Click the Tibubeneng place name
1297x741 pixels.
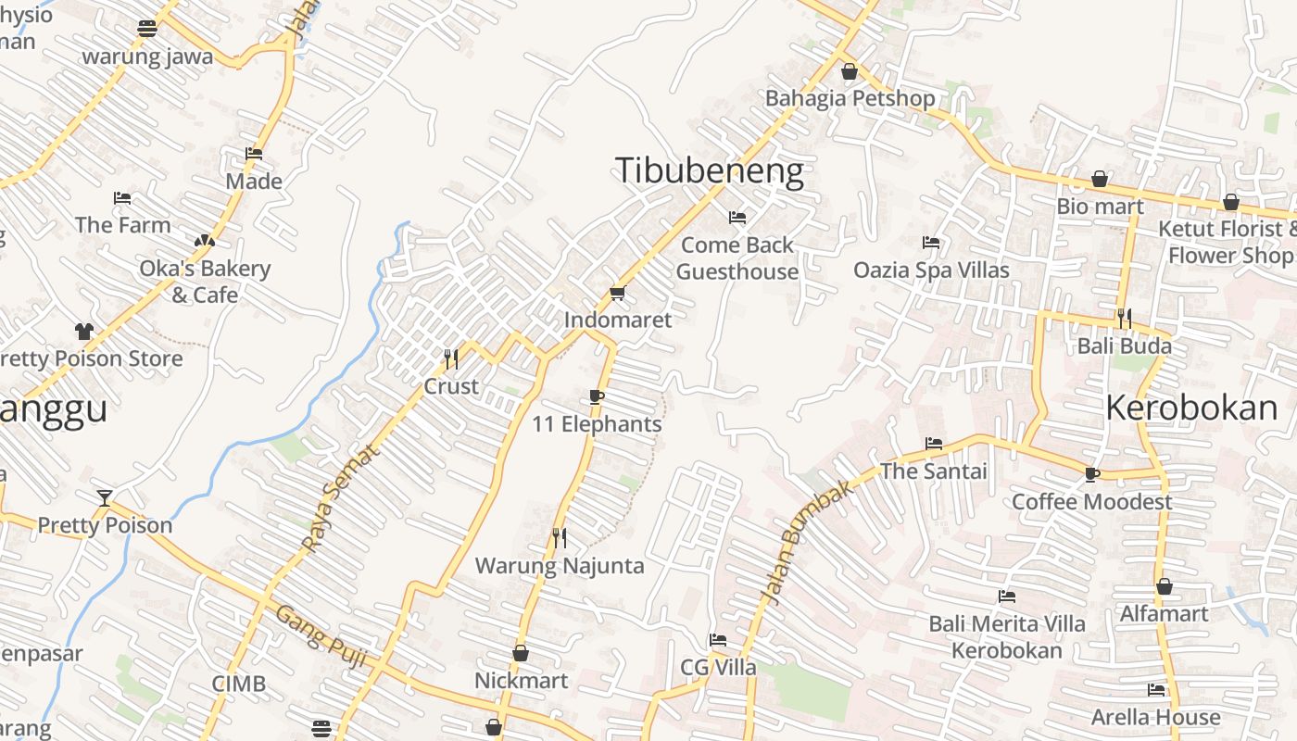[x=709, y=171]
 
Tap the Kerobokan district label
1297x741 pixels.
[x=1191, y=408]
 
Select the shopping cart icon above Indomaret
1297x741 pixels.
[x=618, y=294]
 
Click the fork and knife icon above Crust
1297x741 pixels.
[x=451, y=359]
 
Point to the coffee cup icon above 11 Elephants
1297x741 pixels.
[x=597, y=397]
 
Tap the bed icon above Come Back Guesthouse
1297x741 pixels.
[x=737, y=218]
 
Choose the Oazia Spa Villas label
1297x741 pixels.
[x=931, y=270]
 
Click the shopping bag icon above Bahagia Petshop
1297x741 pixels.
[x=850, y=71]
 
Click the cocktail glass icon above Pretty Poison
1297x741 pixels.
[x=105, y=498]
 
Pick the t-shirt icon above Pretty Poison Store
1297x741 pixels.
[x=84, y=332]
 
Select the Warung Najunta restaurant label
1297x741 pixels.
[x=560, y=565]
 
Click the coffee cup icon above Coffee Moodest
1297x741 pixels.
[x=1092, y=475]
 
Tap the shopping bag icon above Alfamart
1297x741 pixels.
[x=1165, y=587]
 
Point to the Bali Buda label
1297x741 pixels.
[x=1124, y=346]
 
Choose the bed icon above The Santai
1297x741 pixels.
[x=934, y=444]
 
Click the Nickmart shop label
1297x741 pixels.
[x=521, y=681]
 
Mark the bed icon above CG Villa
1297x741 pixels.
[x=718, y=640]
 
